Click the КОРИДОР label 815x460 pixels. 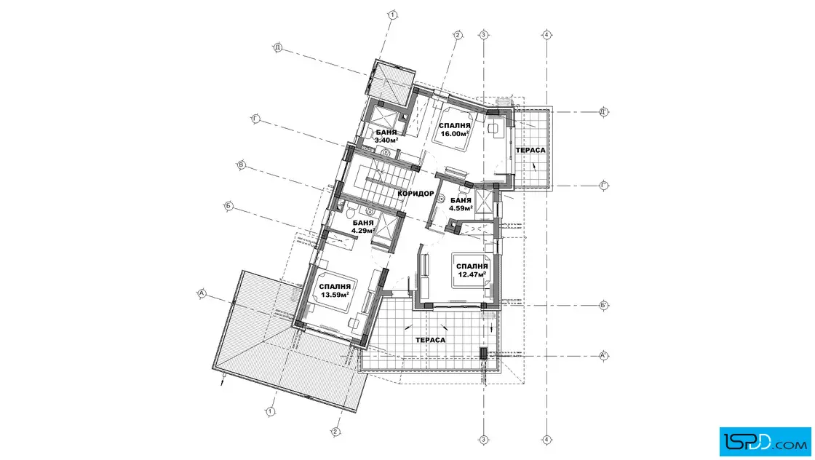[x=416, y=194]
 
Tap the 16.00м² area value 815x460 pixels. [x=455, y=134]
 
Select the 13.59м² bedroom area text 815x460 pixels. [x=334, y=295]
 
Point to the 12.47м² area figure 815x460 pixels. [x=472, y=274]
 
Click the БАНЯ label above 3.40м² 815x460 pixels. [x=386, y=132]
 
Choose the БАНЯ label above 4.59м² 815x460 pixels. [x=461, y=201]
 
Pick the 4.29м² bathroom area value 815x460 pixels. [x=363, y=230]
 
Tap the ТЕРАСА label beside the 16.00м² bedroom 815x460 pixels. [x=530, y=150]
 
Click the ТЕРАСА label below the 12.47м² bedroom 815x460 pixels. [x=430, y=340]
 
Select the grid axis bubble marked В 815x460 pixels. [x=241, y=165]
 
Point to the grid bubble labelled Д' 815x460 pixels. [x=603, y=112]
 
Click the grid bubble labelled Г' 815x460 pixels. [x=603, y=186]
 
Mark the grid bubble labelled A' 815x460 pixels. [x=603, y=356]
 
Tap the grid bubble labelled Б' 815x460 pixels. [x=603, y=305]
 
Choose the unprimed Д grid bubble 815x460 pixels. [x=278, y=48]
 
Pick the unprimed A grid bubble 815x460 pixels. [x=202, y=293]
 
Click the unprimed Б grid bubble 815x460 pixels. [x=228, y=207]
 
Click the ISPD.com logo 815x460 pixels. [x=765, y=442]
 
